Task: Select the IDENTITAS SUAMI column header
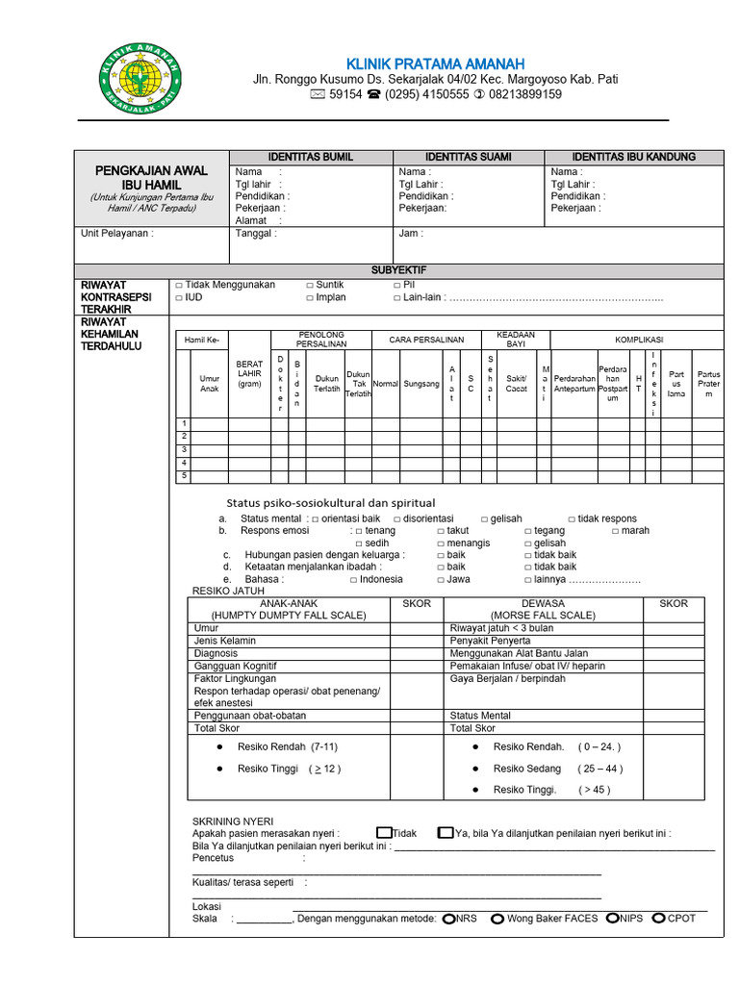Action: [x=468, y=157]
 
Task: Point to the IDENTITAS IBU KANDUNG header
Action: [x=633, y=157]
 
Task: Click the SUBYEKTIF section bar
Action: [x=398, y=271]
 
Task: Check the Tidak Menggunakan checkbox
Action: [x=179, y=286]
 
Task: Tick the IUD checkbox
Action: [x=179, y=298]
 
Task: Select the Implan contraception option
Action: [x=311, y=298]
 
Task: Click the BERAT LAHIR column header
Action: [x=249, y=374]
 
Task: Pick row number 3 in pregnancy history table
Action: [x=184, y=449]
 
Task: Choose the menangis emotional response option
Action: [x=441, y=543]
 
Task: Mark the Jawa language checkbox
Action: [x=441, y=580]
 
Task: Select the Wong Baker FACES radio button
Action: [x=497, y=919]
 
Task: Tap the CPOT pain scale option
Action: [x=659, y=919]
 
